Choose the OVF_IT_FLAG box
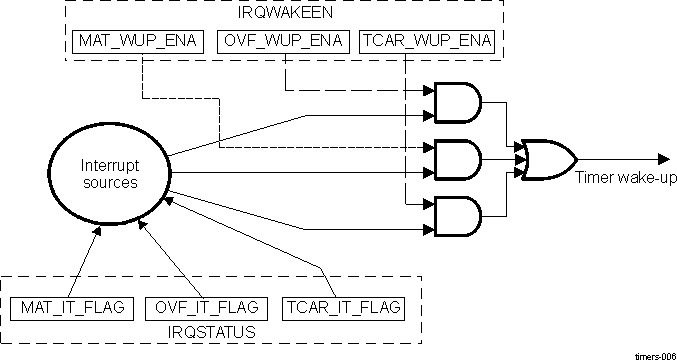pyautogui.click(x=207, y=305)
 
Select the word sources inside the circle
pyautogui.click(x=106, y=183)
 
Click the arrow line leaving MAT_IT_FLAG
pyautogui.click(x=84, y=261)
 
